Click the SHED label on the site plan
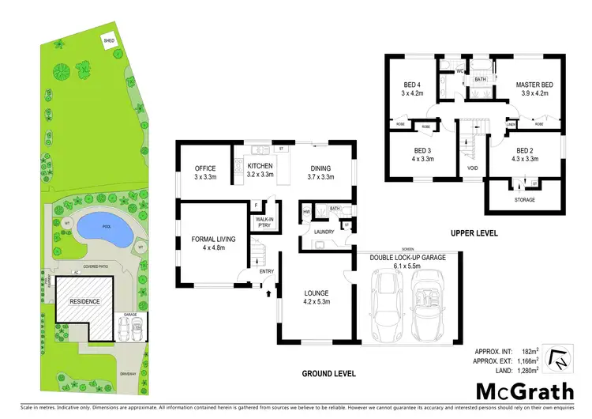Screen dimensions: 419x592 [x=108, y=40]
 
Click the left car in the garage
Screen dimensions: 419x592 [x=388, y=312]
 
